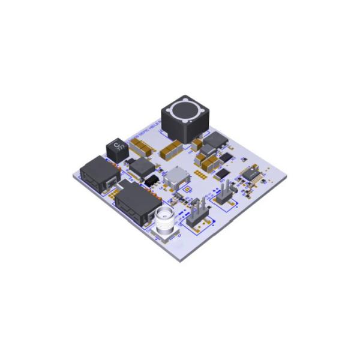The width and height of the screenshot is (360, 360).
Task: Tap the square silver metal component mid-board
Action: tap(178, 177)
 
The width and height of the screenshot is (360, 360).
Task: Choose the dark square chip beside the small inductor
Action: tap(141, 166)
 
